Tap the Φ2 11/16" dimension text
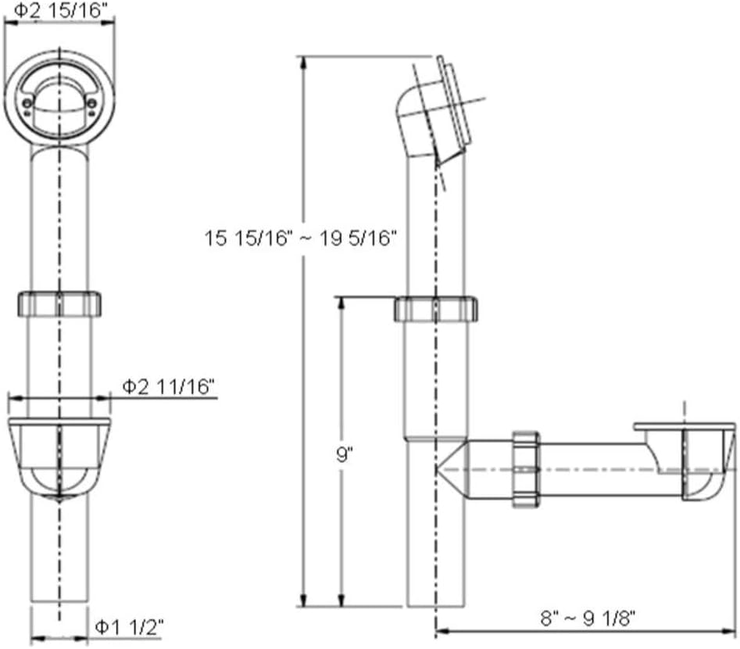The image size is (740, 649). pyautogui.click(x=169, y=386)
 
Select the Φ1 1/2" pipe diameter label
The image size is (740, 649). pyautogui.click(x=128, y=626)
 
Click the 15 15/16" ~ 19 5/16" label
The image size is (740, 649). pyautogui.click(x=302, y=238)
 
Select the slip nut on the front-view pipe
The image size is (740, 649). pyautogui.click(x=59, y=303)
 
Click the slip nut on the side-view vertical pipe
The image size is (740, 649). pyautogui.click(x=435, y=309)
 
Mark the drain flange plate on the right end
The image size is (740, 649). pyautogui.click(x=684, y=427)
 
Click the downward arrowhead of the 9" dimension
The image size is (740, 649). pyautogui.click(x=341, y=600)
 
